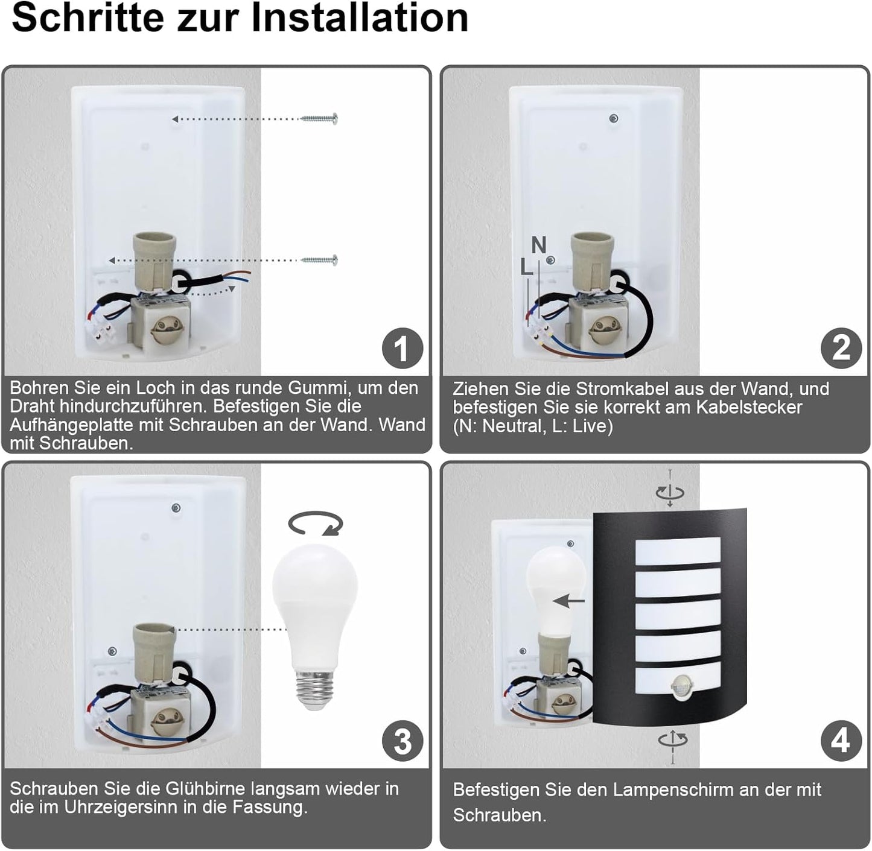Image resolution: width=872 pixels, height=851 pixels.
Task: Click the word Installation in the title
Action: [x=360, y=18]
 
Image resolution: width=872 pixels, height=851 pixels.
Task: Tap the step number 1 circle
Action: [x=403, y=348]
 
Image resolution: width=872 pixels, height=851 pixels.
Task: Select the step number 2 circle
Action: [x=841, y=348]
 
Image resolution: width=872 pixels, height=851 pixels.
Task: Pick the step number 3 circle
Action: [x=403, y=741]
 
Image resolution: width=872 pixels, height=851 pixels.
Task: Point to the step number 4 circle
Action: [x=841, y=741]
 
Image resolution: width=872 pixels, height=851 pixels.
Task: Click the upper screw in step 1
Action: [x=319, y=119]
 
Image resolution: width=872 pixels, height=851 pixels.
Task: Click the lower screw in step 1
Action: [x=319, y=261]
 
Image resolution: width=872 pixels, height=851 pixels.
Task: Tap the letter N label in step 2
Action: [x=538, y=245]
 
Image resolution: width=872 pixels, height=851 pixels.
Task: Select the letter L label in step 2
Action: [x=526, y=267]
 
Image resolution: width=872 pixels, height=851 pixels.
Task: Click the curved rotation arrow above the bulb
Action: [x=316, y=524]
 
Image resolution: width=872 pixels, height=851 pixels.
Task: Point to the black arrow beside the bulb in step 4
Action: [x=569, y=601]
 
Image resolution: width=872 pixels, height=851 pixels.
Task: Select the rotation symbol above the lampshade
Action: [x=670, y=492]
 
